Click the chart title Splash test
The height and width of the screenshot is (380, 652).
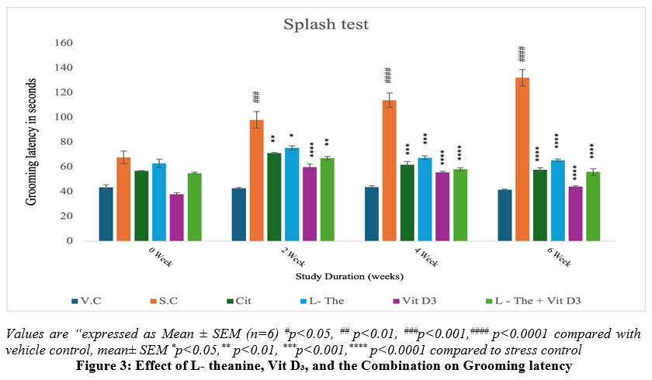324,24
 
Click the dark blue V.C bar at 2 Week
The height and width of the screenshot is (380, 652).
238,215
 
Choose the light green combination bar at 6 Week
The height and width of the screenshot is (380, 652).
593,206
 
